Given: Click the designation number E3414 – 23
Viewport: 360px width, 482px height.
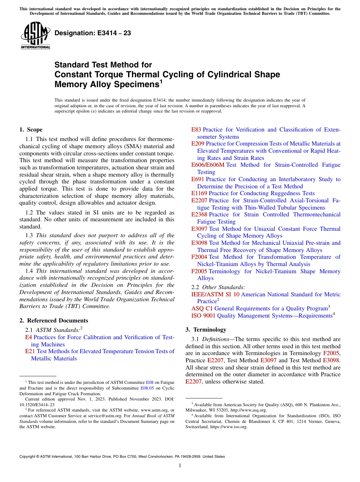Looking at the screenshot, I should pyautogui.click(x=93, y=33).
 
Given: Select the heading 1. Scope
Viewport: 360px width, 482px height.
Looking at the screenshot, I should pyautogui.click(x=31, y=130).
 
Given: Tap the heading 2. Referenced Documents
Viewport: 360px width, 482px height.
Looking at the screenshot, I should pyautogui.click(x=54, y=321).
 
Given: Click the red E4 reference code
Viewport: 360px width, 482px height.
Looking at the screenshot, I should pyautogui.click(x=28, y=337).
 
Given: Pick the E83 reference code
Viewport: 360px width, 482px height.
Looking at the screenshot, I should pyautogui.click(x=196, y=130).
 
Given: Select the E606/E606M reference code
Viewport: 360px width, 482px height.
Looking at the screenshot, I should pyautogui.click(x=208, y=165).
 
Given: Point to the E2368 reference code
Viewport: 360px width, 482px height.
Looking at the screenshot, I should pyautogui.click(x=199, y=214).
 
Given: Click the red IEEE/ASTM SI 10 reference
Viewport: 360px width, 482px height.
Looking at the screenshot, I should pyautogui.click(x=215, y=294).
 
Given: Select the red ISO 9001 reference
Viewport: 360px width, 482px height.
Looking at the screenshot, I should pyautogui.click(x=203, y=316).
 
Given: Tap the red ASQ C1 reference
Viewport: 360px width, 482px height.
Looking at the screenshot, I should pyautogui.click(x=202, y=308).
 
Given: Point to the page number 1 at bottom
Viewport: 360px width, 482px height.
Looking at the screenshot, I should pyautogui.click(x=180, y=465).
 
